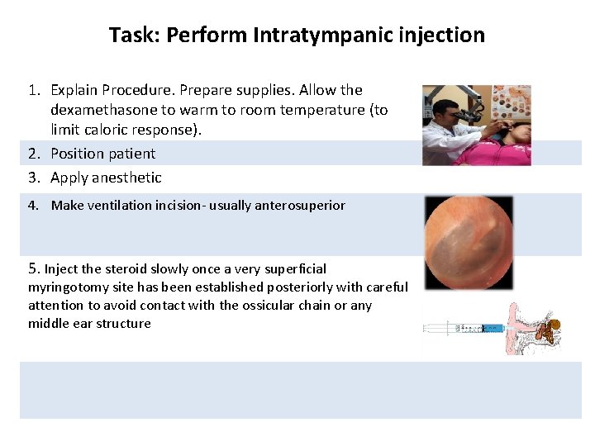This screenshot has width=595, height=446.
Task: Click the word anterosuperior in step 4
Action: [x=302, y=206]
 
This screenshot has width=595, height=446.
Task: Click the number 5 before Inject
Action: [x=33, y=268]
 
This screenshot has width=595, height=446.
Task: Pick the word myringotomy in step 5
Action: [x=65, y=287]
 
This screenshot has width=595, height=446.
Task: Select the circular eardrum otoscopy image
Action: [x=468, y=242]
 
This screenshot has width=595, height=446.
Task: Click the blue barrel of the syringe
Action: [x=494, y=328]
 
